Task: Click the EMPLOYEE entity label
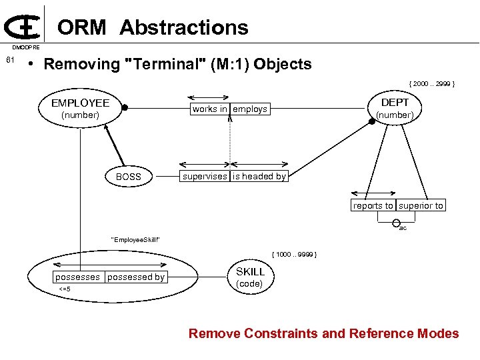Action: (80, 103)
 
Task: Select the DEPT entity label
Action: (395, 102)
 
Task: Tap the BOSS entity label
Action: (129, 177)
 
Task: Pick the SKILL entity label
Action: (250, 271)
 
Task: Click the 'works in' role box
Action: (209, 109)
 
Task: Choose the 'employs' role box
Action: (250, 109)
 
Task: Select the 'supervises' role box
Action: (205, 176)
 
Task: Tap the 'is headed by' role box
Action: (259, 176)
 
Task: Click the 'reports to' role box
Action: (373, 205)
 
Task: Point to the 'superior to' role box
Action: (421, 205)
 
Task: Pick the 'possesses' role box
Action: (78, 277)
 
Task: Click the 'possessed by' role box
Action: (136, 277)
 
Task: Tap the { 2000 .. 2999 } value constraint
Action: (432, 83)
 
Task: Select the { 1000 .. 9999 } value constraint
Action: (294, 255)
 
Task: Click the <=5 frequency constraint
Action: (65, 289)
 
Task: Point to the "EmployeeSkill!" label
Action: (135, 239)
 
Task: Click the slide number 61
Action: (9, 61)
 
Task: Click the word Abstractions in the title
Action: (184, 27)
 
